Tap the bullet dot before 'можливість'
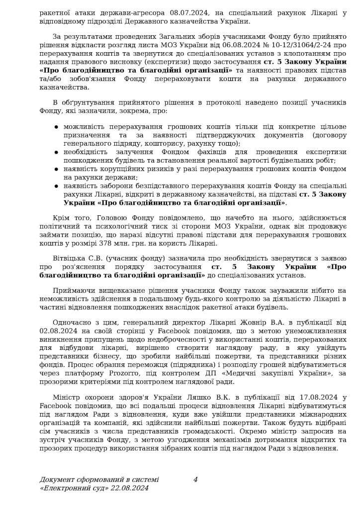57,127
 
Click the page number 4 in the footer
195,480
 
